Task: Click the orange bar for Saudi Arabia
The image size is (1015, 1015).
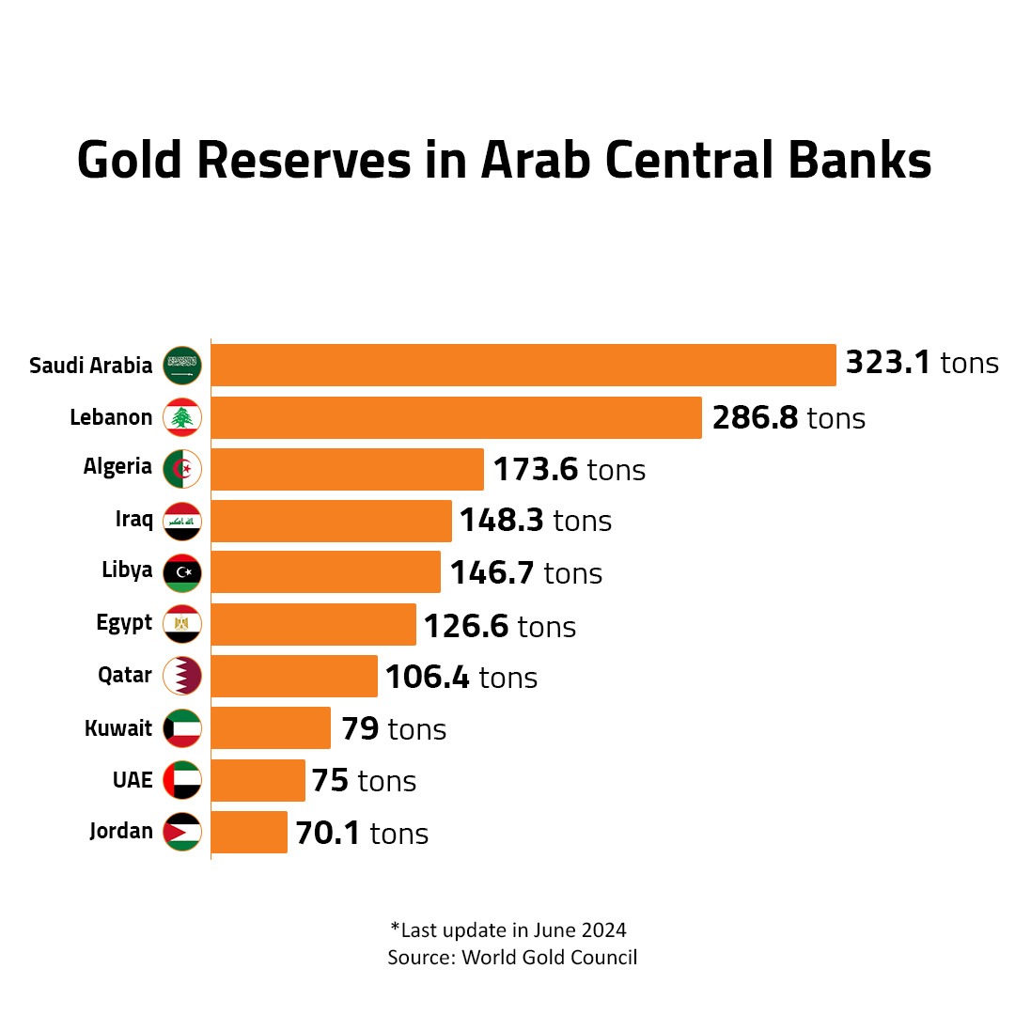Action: coord(523,365)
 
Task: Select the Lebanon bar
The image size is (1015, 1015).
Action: coord(456,417)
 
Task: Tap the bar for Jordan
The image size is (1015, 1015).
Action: coord(249,832)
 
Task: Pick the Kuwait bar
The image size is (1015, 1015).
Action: coord(271,728)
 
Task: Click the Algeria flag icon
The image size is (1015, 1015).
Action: coord(182,469)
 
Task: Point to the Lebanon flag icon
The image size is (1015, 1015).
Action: coord(182,417)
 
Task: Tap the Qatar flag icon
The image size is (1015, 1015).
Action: coord(182,676)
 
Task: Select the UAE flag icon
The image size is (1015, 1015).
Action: coord(182,780)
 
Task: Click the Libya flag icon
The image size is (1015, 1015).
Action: coord(182,572)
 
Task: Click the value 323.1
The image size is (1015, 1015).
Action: coord(888,363)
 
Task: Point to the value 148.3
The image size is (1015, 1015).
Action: coord(501,521)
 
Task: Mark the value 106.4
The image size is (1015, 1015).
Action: coord(427,677)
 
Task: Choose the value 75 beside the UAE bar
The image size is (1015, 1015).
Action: coord(330,780)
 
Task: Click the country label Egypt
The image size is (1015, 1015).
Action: coord(124,624)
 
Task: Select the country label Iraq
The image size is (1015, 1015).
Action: coord(134,520)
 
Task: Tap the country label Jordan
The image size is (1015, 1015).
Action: coord(121,832)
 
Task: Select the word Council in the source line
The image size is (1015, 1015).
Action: coord(606,958)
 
